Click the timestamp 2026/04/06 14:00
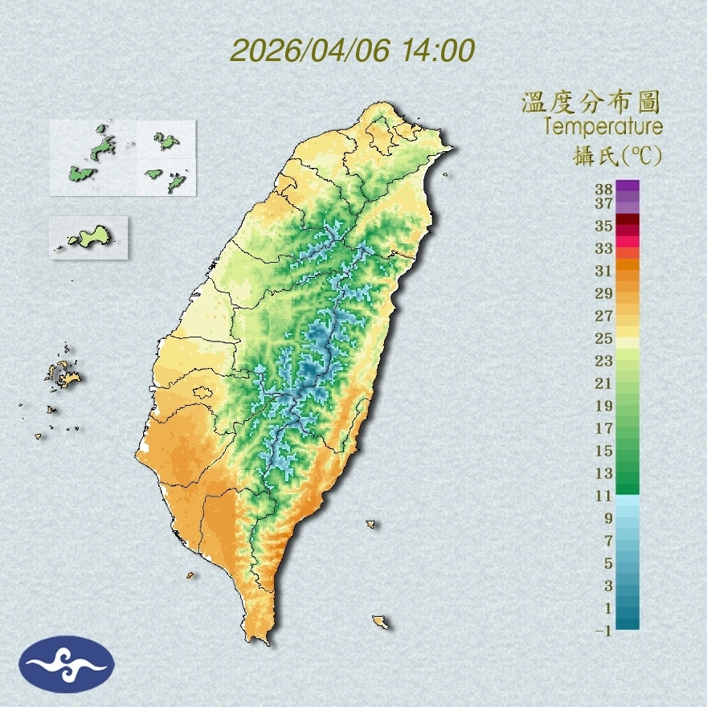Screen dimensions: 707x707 tap(353, 51)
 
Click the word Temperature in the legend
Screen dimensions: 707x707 tap(603, 127)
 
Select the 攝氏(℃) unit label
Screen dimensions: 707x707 tap(613, 155)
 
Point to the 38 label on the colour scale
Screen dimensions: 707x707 tap(604, 190)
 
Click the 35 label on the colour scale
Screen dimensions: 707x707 tap(604, 226)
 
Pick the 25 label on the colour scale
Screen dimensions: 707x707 tap(604, 338)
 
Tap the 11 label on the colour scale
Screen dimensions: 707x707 tap(604, 496)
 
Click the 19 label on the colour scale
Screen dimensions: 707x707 tap(604, 406)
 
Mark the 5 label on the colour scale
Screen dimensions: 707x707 tap(607, 563)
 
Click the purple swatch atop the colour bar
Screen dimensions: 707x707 tap(628, 186)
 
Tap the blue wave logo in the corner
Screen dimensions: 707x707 tap(67, 664)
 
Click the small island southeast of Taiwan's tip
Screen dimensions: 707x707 tap(380, 622)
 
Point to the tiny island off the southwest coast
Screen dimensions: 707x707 tap(190, 575)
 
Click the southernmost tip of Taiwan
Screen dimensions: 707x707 tap(260, 640)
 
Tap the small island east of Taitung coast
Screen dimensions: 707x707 tap(371, 524)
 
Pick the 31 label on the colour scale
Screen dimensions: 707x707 tap(604, 271)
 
